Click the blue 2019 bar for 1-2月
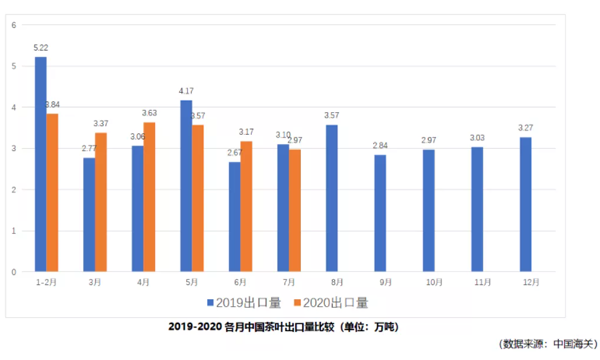41,164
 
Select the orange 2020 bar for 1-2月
53,192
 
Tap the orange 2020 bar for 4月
149,196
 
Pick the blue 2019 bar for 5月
186,185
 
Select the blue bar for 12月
526,204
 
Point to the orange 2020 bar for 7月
295,210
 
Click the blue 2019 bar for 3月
89,214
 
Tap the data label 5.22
41,48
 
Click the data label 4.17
186,91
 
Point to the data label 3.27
526,128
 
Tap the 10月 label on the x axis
430,283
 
